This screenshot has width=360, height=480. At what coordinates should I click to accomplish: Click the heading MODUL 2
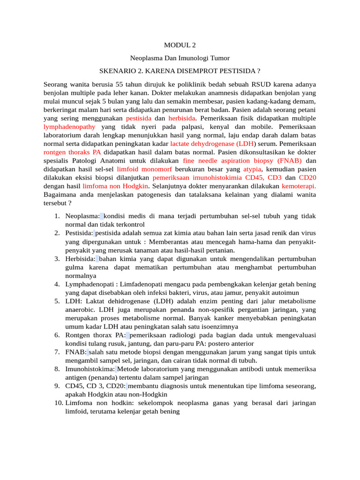(180, 45)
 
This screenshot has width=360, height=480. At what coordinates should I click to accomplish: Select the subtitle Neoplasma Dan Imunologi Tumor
(180, 58)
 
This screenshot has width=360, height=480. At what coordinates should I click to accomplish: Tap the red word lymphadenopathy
(69, 127)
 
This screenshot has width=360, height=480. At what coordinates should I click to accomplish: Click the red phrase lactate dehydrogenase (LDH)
(210, 143)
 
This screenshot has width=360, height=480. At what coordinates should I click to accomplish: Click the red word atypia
(252, 169)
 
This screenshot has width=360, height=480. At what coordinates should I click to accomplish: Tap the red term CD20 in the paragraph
(307, 177)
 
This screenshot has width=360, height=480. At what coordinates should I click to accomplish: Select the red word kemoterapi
(299, 186)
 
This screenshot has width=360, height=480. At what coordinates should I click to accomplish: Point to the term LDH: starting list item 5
(74, 301)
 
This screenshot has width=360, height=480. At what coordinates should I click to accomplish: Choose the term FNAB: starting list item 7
(76, 352)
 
